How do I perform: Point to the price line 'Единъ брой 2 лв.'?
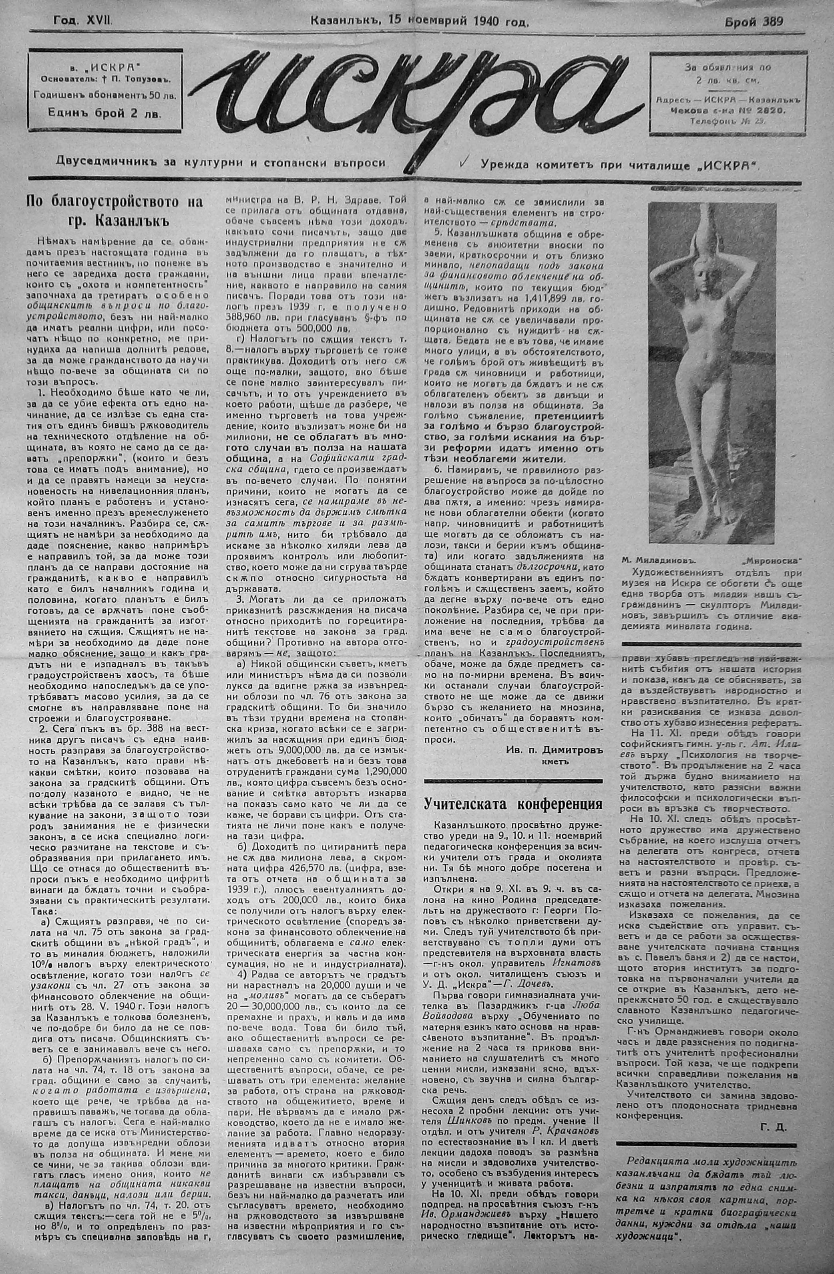(105, 113)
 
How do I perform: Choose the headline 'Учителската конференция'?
(513, 804)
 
